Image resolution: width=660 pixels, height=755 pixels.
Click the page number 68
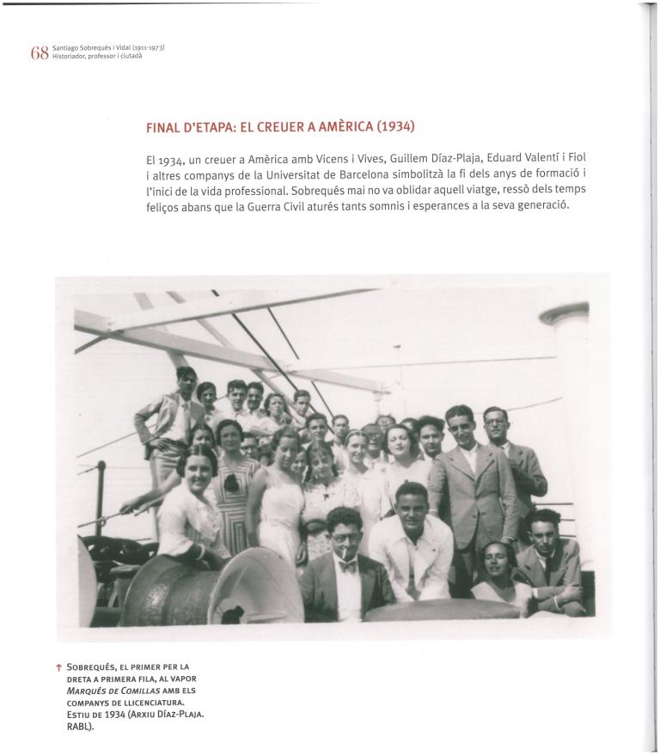(40, 53)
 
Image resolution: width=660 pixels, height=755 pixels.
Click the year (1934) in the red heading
(395, 127)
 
